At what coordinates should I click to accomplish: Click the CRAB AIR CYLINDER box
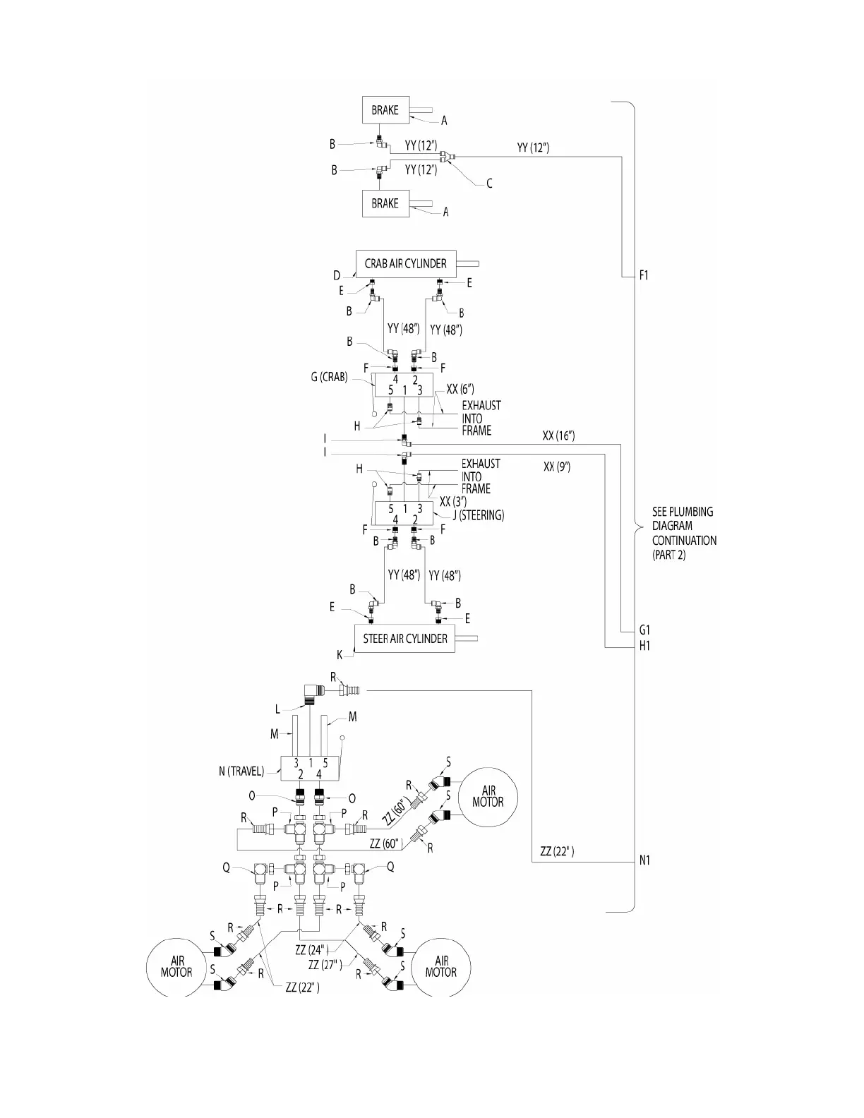coord(405,263)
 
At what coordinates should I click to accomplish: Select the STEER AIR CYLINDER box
coord(404,639)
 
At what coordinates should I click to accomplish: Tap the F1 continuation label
coord(644,275)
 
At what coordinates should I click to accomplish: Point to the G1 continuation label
coord(644,630)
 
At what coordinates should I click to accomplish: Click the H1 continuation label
coord(644,645)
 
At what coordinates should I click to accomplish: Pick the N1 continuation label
coord(644,860)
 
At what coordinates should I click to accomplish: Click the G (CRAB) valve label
coord(330,377)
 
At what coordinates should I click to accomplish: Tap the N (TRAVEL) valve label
coord(241,771)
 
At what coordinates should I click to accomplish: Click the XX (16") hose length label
coord(558,436)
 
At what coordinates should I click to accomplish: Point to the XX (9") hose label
coord(557,467)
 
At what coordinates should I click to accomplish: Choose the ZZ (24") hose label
coord(311,951)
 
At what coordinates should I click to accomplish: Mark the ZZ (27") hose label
coord(325,964)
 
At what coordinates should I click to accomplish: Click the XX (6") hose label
coord(460,389)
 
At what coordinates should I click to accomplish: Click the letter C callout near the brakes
coord(489,184)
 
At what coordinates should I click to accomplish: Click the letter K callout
coord(340,655)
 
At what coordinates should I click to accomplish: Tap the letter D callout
coord(337,276)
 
